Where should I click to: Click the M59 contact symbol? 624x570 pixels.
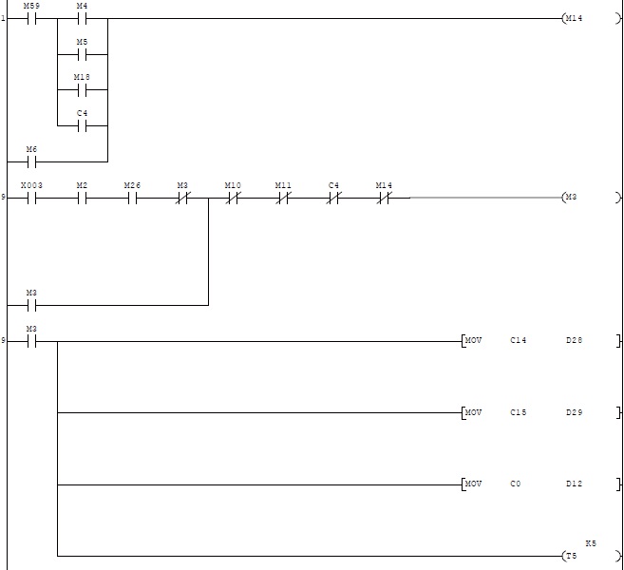31,19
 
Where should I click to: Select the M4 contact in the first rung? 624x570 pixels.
82,19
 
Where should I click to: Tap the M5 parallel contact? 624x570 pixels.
82,55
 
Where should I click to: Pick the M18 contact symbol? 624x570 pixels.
82,91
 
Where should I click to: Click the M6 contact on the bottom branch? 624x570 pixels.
31,161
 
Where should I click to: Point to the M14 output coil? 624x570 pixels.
573,19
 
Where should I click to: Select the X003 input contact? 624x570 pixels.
31,199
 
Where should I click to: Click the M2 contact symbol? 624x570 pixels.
82,199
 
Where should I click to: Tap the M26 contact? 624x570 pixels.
132,199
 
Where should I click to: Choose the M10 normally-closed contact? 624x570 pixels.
233,199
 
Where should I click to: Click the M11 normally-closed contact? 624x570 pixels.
283,199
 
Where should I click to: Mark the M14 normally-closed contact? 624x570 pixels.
384,199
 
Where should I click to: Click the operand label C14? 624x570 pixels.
518,340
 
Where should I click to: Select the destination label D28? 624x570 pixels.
574,340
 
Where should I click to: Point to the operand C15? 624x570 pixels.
518,412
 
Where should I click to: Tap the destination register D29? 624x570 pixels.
574,412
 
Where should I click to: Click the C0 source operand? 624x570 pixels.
515,484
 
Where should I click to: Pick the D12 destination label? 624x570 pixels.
574,484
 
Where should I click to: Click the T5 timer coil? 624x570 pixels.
571,556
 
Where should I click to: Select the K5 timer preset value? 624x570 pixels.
591,542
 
